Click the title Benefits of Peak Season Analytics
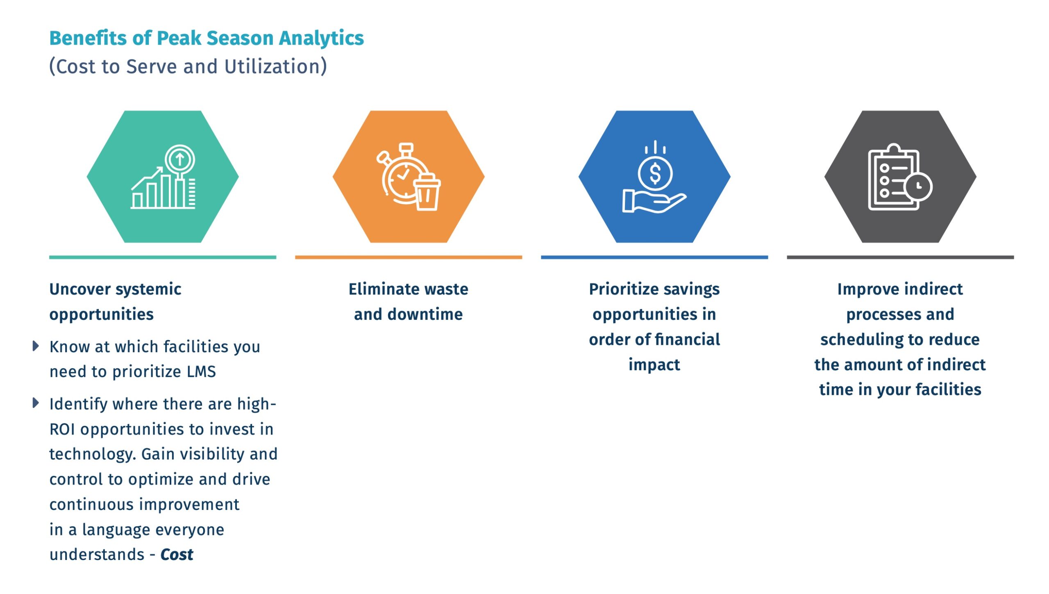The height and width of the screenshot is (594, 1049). click(x=207, y=39)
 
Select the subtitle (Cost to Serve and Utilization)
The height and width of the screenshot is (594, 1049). click(x=188, y=66)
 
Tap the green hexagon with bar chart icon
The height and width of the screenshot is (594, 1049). click(x=163, y=177)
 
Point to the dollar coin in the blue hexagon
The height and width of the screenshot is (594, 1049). click(x=655, y=173)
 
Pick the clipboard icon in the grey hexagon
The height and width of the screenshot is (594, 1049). click(x=894, y=177)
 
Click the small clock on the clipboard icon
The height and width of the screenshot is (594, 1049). click(x=918, y=187)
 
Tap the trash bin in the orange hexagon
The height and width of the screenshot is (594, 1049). click(x=427, y=193)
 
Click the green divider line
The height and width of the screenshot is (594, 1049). click(x=163, y=257)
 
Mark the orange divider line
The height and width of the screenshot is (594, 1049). click(x=409, y=257)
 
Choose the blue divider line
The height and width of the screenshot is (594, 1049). click(x=654, y=257)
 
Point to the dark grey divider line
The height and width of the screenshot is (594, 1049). click(x=900, y=257)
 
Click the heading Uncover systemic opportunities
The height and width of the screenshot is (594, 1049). click(x=115, y=302)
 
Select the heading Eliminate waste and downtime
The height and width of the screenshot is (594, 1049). click(x=409, y=302)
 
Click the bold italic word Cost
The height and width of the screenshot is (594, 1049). click(x=177, y=555)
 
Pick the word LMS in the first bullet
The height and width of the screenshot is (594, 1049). click(x=201, y=372)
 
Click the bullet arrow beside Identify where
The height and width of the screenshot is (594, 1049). click(x=36, y=403)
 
